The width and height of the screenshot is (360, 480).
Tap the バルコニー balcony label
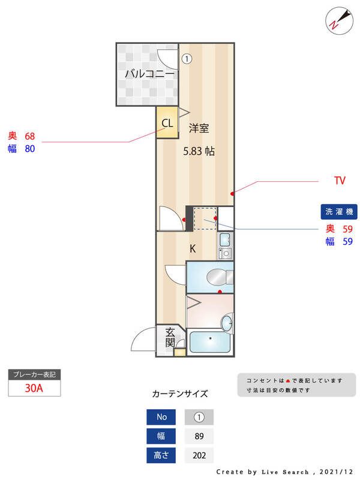149,74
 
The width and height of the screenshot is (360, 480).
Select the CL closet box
167,123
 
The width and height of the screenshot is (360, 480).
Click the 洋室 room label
199,128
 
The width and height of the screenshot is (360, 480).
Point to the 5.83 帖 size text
199,152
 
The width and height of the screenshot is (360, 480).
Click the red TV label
340,180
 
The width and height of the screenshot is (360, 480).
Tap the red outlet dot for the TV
233,193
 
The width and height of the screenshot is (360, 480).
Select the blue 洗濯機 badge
340,211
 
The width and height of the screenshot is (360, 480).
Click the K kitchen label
193,248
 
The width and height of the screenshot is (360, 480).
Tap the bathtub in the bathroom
210,342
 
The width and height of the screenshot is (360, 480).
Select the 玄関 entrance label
170,337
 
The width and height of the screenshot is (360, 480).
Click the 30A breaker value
34,388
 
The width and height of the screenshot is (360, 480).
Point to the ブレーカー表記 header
34,374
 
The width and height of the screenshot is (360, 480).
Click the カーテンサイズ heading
180,394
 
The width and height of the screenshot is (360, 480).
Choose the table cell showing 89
199,436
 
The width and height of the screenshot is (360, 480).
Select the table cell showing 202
199,455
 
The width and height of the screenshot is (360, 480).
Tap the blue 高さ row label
161,455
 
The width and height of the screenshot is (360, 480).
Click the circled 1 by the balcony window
187,59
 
